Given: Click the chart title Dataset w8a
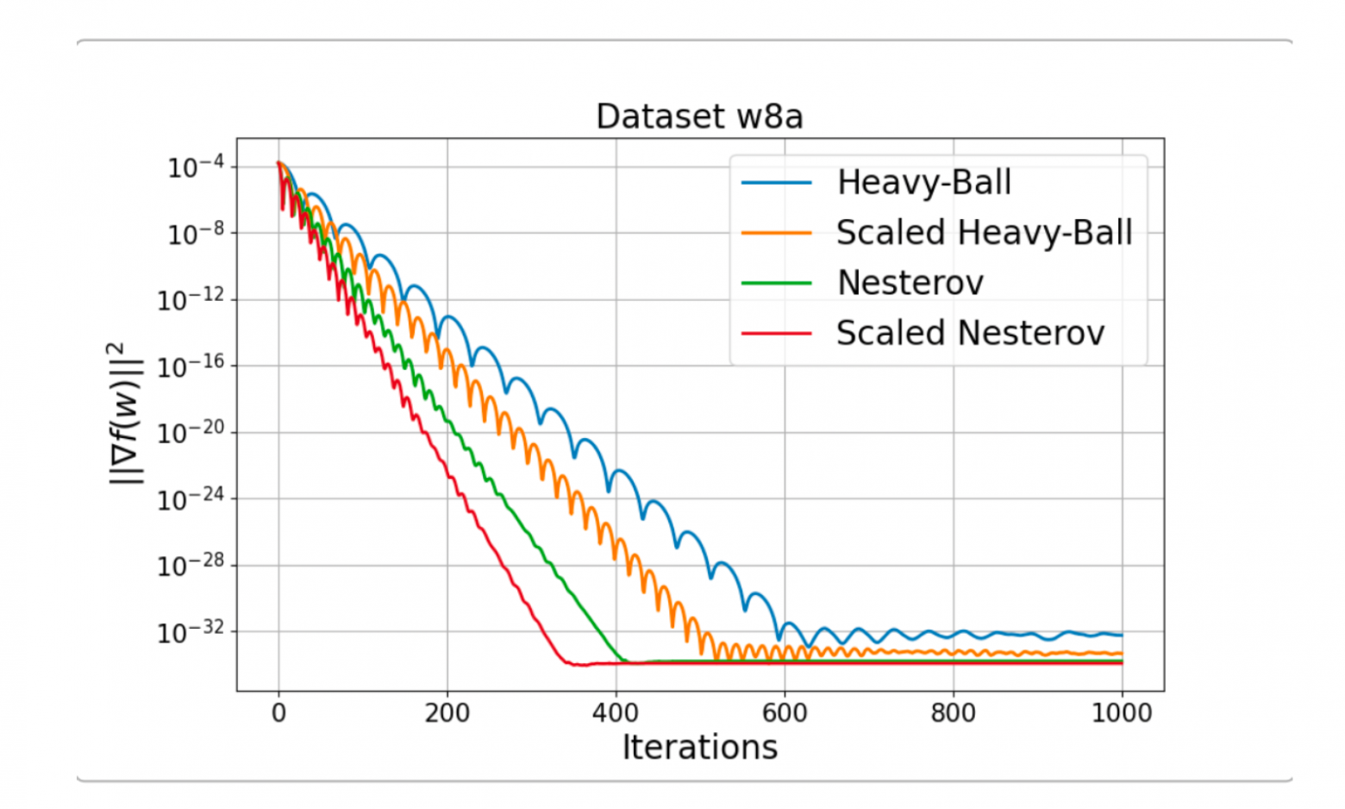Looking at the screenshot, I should pyautogui.click(x=699, y=116).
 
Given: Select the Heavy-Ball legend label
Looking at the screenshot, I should pyautogui.click(x=923, y=183).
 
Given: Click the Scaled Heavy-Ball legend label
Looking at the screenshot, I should pyautogui.click(x=984, y=233).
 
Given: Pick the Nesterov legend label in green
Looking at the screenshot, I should pyautogui.click(x=910, y=283).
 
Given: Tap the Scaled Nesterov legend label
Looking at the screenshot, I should pyautogui.click(x=970, y=333).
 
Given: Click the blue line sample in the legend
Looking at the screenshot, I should pyautogui.click(x=776, y=183).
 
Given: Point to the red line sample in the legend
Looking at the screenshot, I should pyautogui.click(x=776, y=333).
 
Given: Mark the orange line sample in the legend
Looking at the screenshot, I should pyautogui.click(x=776, y=233).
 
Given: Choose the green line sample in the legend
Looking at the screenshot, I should pyautogui.click(x=776, y=283).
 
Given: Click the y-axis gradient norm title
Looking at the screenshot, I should pyautogui.click(x=125, y=414).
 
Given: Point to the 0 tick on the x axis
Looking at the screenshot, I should pyautogui.click(x=278, y=713).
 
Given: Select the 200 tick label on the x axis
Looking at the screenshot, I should pyautogui.click(x=447, y=713).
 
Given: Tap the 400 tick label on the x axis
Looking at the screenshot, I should pyautogui.click(x=616, y=713).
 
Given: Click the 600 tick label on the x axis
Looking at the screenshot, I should pyautogui.click(x=785, y=713).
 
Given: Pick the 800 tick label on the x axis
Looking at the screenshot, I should pyautogui.click(x=954, y=713).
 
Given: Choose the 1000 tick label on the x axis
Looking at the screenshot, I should pyautogui.click(x=1122, y=713).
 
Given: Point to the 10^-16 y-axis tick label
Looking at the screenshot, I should pyautogui.click(x=191, y=366).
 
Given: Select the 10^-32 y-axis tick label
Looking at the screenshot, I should pyautogui.click(x=191, y=632).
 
